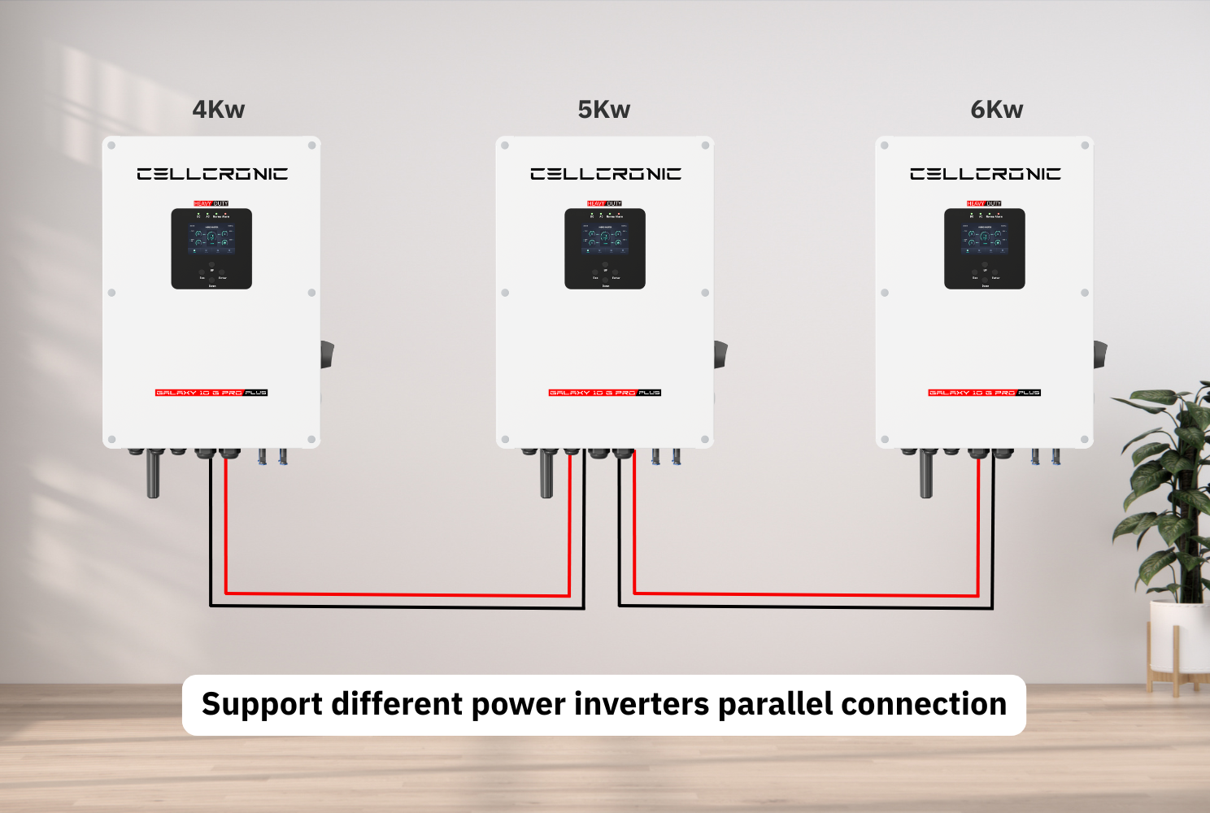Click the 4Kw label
pyautogui.click(x=218, y=110)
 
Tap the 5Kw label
pyautogui.click(x=603, y=110)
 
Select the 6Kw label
pyautogui.click(x=996, y=110)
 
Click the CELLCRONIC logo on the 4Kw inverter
pyautogui.click(x=212, y=174)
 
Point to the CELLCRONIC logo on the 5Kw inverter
pyautogui.click(x=606, y=174)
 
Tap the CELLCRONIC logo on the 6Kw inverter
pyautogui.click(x=985, y=174)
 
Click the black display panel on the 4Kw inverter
pyautogui.click(x=211, y=249)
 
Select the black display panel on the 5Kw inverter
pyautogui.click(x=605, y=249)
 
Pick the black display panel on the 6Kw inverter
pyautogui.click(x=985, y=249)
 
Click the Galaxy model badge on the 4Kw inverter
pyautogui.click(x=211, y=393)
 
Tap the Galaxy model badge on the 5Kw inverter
pyautogui.click(x=605, y=393)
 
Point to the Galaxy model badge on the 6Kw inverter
pyautogui.click(x=985, y=393)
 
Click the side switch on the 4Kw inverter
pyautogui.click(x=327, y=354)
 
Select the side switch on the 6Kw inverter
pyautogui.click(x=1100, y=354)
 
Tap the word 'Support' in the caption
pyautogui.click(x=262, y=704)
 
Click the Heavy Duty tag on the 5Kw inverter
pyautogui.click(x=604, y=203)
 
